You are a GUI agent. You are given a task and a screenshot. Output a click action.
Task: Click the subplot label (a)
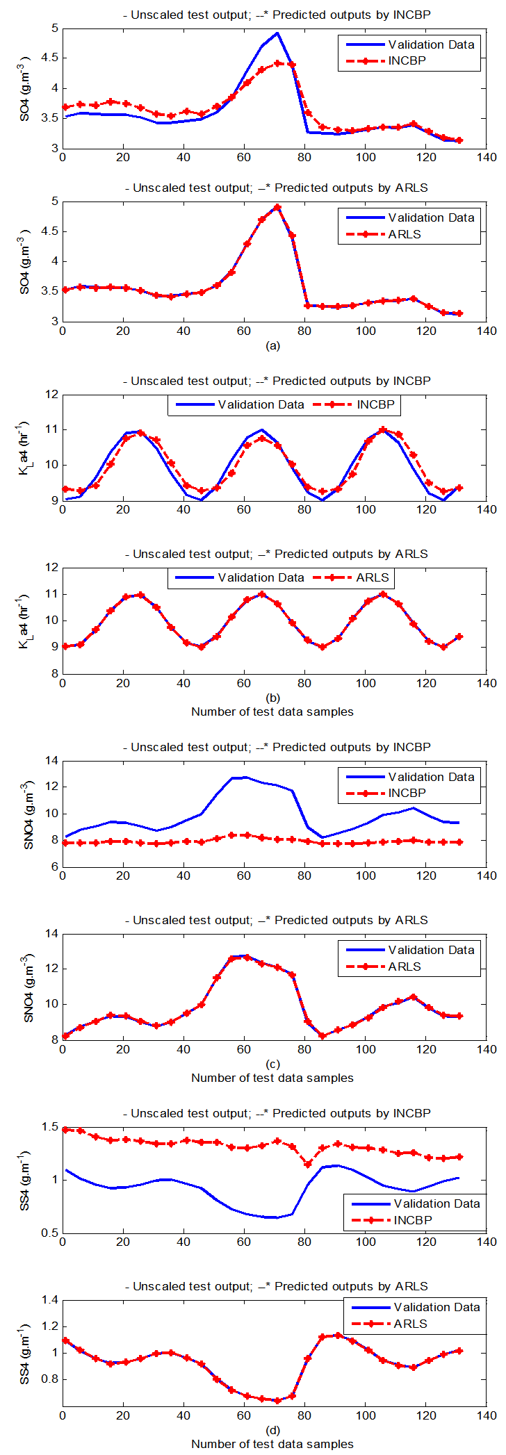click(x=272, y=346)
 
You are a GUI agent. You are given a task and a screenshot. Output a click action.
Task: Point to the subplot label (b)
click(x=272, y=698)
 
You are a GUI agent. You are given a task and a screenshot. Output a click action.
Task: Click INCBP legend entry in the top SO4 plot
click(x=407, y=61)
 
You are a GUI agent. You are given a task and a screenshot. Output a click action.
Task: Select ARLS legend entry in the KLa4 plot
click(x=373, y=577)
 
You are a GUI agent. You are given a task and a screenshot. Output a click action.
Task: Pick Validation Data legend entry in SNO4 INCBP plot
click(x=431, y=777)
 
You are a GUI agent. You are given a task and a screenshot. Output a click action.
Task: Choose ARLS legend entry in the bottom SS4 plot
click(x=410, y=1324)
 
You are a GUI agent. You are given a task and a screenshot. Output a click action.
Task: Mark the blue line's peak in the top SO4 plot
click(x=277, y=33)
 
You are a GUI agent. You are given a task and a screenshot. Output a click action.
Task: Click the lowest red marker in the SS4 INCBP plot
click(x=308, y=1165)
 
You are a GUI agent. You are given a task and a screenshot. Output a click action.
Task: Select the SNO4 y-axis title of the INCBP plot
click(x=28, y=814)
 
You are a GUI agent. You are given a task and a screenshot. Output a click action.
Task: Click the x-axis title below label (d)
click(x=272, y=1444)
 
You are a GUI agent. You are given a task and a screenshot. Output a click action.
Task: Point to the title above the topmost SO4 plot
click(x=276, y=15)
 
